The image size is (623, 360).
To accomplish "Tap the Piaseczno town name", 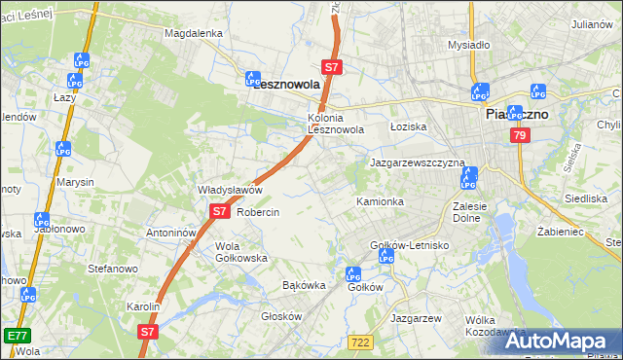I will tap(516, 114).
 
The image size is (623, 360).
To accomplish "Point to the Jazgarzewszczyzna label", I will tap(418, 162).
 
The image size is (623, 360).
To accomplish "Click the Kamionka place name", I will tap(380, 201).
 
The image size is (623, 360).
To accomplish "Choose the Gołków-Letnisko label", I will tap(409, 245).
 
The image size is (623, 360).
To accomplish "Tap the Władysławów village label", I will tap(231, 190).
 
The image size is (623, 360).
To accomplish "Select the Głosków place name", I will tap(283, 316).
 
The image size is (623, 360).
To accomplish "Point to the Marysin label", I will tap(75, 182).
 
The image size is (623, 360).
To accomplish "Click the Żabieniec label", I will tap(559, 233).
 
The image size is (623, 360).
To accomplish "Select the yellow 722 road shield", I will tap(359, 341).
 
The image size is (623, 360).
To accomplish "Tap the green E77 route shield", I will tap(16, 335).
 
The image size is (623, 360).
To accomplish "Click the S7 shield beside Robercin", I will tap(219, 210).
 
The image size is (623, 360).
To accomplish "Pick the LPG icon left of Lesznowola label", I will tap(253, 79).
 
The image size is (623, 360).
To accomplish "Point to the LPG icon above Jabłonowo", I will tap(41, 221).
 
